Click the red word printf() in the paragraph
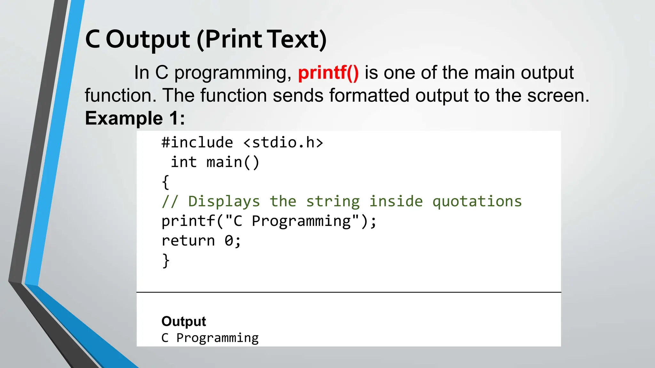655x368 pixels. (328, 73)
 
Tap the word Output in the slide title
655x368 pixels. (148, 40)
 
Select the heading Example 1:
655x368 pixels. (135, 118)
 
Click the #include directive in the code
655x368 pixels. (197, 142)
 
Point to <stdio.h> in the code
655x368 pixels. (283, 142)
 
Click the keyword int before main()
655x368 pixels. (184, 162)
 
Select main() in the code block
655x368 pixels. (233, 162)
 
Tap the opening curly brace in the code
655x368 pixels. (165, 182)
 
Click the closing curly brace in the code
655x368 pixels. (165, 261)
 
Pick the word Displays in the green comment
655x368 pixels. (224, 202)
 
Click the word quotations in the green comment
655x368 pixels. (477, 202)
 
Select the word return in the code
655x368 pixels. (188, 241)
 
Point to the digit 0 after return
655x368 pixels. (229, 241)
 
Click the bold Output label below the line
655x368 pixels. (184, 321)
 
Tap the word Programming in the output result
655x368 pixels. (217, 338)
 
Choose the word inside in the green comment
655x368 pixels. (396, 202)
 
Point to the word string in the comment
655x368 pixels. (333, 202)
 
